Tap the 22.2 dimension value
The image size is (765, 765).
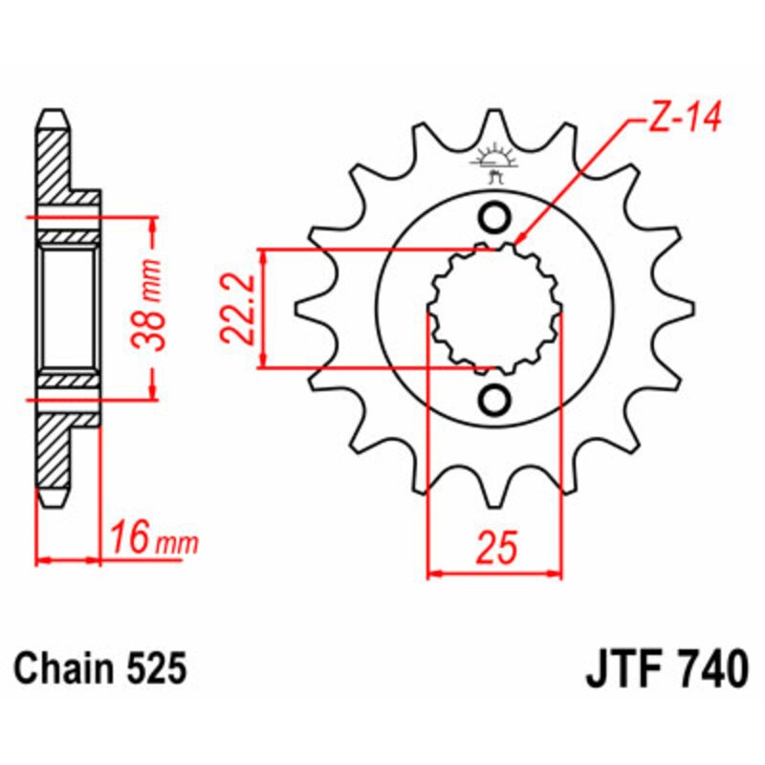tap(233, 308)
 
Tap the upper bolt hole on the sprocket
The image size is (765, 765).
tap(495, 218)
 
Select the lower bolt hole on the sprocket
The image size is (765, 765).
tap(495, 400)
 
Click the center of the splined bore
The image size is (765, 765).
tap(495, 309)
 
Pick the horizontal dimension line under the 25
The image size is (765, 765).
tap(494, 575)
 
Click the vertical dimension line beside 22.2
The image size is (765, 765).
tap(263, 308)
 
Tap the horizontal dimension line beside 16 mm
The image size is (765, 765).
tap(69, 558)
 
